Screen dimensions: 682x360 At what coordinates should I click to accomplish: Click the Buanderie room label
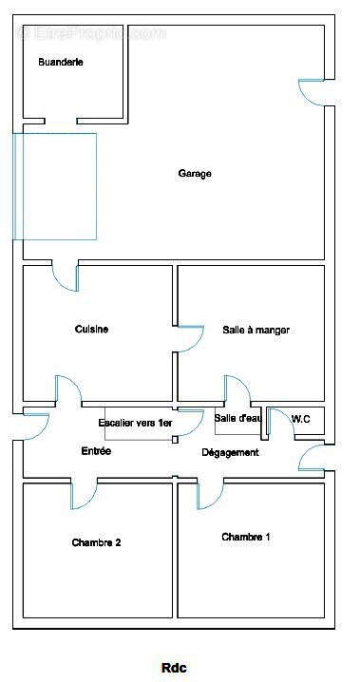[x=61, y=62]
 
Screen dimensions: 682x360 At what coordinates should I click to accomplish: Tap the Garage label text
[x=195, y=174]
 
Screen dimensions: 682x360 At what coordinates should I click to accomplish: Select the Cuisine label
[x=91, y=330]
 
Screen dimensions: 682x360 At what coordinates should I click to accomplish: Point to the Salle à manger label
[x=256, y=330]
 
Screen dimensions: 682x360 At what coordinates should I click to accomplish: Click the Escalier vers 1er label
[x=135, y=423]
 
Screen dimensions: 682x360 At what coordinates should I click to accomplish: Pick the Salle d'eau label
[x=237, y=418]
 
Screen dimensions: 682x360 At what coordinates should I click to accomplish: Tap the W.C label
[x=301, y=418]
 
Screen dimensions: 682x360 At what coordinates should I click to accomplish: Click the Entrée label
[x=96, y=451]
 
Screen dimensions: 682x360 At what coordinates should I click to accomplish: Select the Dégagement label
[x=230, y=452]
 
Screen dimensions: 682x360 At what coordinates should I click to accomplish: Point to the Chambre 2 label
[x=96, y=543]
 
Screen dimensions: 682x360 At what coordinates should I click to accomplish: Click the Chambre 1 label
[x=246, y=537]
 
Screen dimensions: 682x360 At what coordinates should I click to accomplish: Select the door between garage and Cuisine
[x=65, y=276]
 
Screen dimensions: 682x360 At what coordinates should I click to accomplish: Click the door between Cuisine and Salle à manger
[x=189, y=339]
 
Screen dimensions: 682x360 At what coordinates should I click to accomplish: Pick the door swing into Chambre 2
[x=84, y=494]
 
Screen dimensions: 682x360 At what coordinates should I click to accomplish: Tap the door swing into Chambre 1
[x=210, y=495]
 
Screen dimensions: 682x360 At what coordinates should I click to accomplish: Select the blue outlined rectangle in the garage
[x=55, y=186]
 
